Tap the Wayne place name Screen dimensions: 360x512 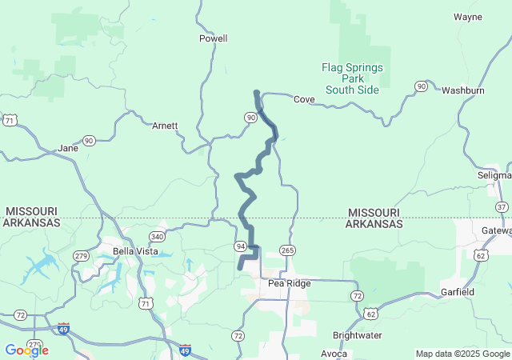tap(467, 16)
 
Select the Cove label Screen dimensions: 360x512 tap(303, 99)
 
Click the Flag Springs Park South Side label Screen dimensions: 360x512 tap(352, 78)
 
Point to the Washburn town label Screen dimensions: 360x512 tap(463, 90)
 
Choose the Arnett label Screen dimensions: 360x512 tap(165, 126)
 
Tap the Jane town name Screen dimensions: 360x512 tap(68, 148)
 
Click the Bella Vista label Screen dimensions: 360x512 tap(134, 250)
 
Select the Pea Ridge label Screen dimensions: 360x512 tap(288, 283)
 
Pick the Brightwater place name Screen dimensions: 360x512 tap(357, 335)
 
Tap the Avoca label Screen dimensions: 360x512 tap(334, 353)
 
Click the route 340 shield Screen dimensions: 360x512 tap(157, 237)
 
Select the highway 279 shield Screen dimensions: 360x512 tap(80, 255)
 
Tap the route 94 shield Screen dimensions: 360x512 tap(240, 246)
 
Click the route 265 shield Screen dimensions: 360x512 tap(287, 250)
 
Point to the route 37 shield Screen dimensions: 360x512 tap(501, 207)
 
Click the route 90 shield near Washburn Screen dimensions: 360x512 tap(421, 86)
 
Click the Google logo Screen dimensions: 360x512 tap(26, 350)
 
